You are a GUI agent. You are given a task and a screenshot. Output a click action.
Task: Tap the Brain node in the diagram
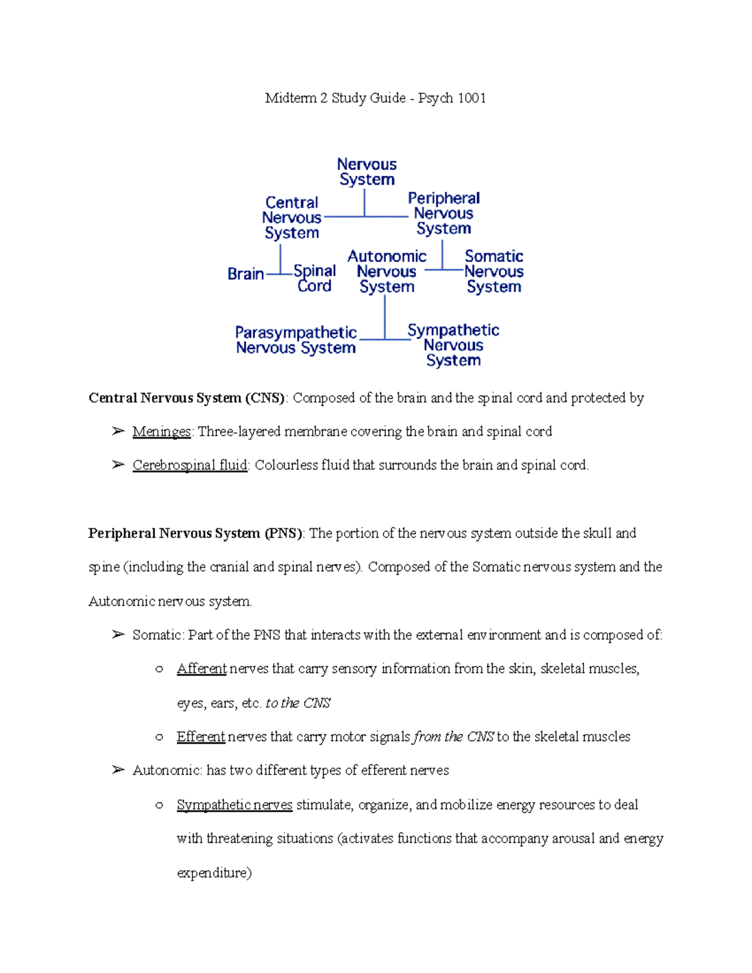click(x=246, y=274)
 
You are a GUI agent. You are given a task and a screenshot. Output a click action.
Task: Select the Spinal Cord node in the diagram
click(x=315, y=278)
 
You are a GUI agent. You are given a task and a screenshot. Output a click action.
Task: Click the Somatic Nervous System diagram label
click(x=494, y=271)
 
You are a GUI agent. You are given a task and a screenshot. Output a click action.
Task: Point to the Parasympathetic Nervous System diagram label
click(x=296, y=340)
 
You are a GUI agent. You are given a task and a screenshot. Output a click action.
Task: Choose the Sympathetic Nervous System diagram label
click(x=453, y=345)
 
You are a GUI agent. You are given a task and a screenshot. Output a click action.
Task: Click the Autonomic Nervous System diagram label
click(x=387, y=271)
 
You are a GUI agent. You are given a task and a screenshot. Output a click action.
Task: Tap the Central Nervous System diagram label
click(x=292, y=217)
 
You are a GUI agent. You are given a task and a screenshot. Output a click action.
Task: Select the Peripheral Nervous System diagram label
click(x=444, y=213)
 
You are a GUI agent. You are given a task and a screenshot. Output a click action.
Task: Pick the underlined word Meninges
click(x=162, y=432)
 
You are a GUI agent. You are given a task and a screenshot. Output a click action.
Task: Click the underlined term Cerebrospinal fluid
click(x=190, y=466)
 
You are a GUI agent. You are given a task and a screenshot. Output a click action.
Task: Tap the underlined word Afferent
click(x=201, y=669)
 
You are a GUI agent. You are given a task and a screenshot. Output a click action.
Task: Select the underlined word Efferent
click(x=201, y=737)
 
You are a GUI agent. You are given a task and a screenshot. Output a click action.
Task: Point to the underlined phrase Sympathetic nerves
click(x=234, y=804)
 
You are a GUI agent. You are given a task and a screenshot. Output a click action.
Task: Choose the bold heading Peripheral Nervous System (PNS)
click(x=196, y=533)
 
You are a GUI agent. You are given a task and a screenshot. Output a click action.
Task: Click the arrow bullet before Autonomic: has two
click(x=118, y=770)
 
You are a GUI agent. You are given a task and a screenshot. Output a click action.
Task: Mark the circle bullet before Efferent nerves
click(x=159, y=737)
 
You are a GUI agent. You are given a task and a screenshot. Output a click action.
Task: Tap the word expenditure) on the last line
click(x=214, y=873)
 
